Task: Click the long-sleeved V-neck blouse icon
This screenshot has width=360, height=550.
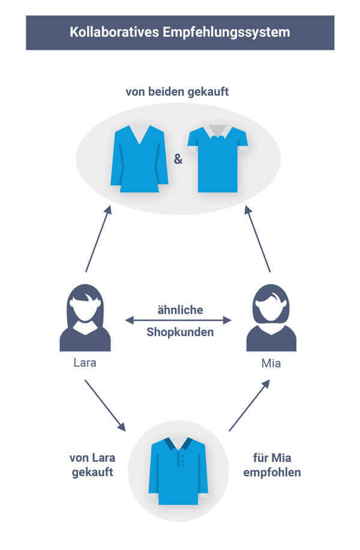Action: click(x=139, y=159)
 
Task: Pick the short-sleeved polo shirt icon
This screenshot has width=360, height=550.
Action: click(x=217, y=159)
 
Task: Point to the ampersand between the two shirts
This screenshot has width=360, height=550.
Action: click(x=178, y=160)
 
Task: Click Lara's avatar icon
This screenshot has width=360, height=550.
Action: click(x=85, y=318)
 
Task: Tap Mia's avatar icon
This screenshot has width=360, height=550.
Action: click(x=271, y=318)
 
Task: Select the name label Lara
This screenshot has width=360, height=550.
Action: click(x=85, y=363)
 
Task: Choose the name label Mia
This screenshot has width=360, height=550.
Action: click(x=271, y=363)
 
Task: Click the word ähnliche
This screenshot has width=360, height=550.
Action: click(x=180, y=310)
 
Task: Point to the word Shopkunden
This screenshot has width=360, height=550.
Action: click(x=180, y=331)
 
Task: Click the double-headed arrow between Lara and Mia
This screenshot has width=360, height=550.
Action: click(x=178, y=321)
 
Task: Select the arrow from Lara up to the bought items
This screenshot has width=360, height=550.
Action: click(x=98, y=239)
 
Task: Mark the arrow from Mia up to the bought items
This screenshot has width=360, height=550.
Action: click(x=259, y=239)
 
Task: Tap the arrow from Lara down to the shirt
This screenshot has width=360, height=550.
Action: click(x=104, y=405)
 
